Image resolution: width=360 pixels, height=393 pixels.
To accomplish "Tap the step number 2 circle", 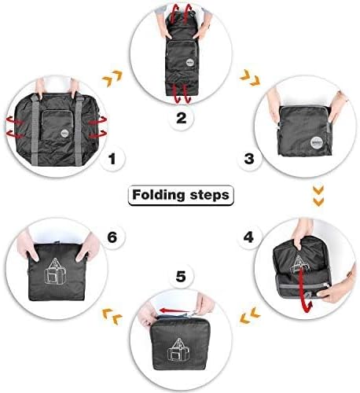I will [x=180, y=119].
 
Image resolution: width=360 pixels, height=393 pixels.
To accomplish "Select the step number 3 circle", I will [x=249, y=159].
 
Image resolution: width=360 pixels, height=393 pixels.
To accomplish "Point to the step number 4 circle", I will [x=249, y=235].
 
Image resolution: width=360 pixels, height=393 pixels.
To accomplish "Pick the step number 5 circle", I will [x=180, y=277].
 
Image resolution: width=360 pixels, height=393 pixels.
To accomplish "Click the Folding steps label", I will [x=180, y=194].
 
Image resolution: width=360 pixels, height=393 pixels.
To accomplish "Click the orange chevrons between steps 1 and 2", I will [x=115, y=78].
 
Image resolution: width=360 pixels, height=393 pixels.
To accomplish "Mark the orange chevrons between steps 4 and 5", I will [x=249, y=316].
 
